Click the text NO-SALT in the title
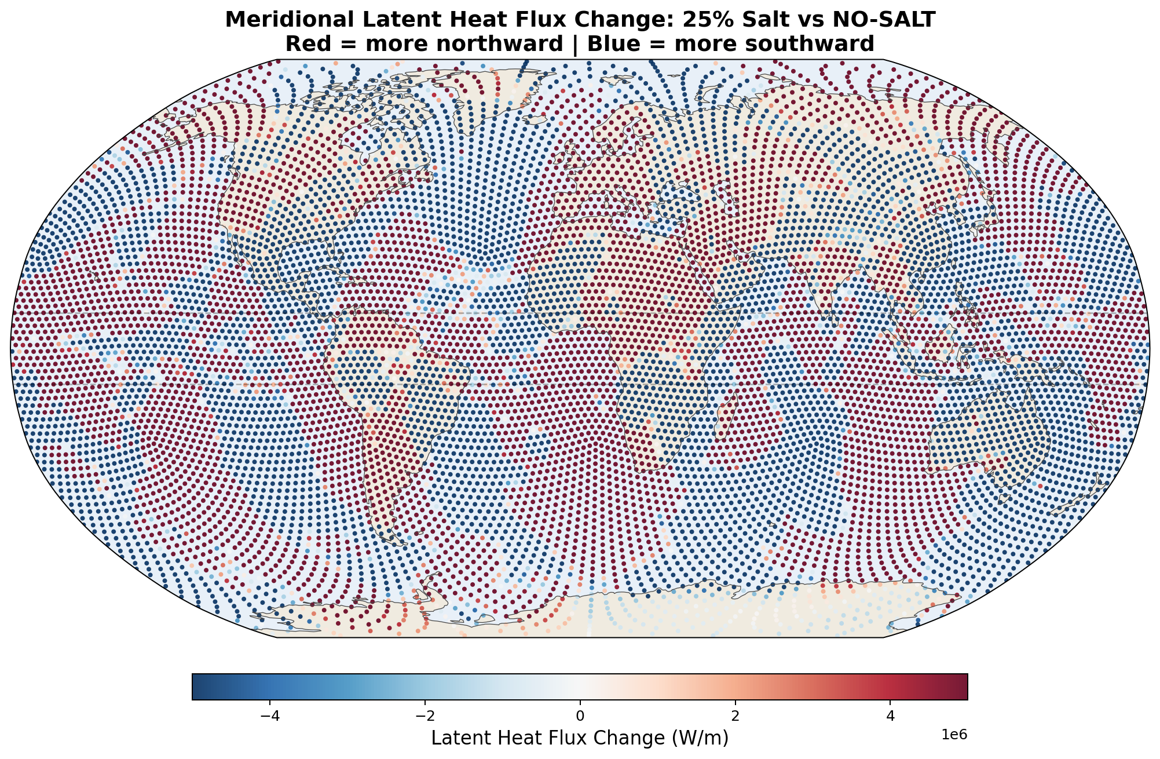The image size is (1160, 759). tap(885, 20)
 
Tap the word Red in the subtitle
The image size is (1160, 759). tap(305, 44)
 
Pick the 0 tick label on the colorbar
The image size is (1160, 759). tap(580, 716)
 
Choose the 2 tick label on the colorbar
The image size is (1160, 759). tap(735, 716)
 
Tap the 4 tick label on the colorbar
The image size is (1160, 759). tap(890, 716)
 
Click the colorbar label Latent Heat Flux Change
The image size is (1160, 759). tap(544, 738)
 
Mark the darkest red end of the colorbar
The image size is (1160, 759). tap(963, 687)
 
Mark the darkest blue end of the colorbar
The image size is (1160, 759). tap(197, 687)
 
